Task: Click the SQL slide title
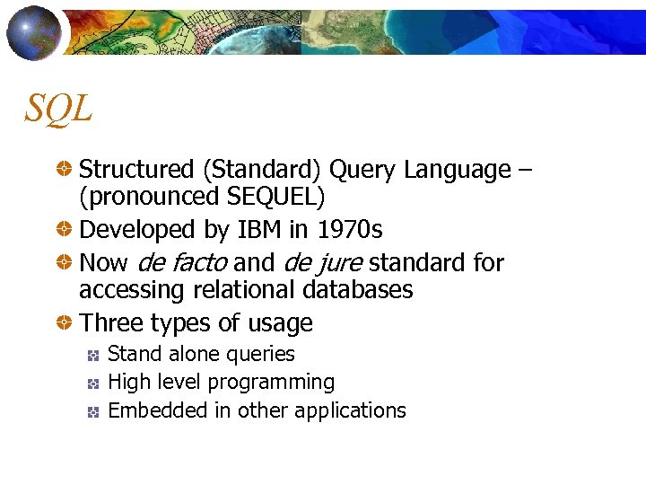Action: (58, 109)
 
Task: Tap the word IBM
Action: (260, 230)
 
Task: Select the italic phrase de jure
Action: (322, 263)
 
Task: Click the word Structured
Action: (136, 170)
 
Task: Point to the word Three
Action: (109, 323)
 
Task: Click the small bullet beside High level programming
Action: (92, 384)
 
